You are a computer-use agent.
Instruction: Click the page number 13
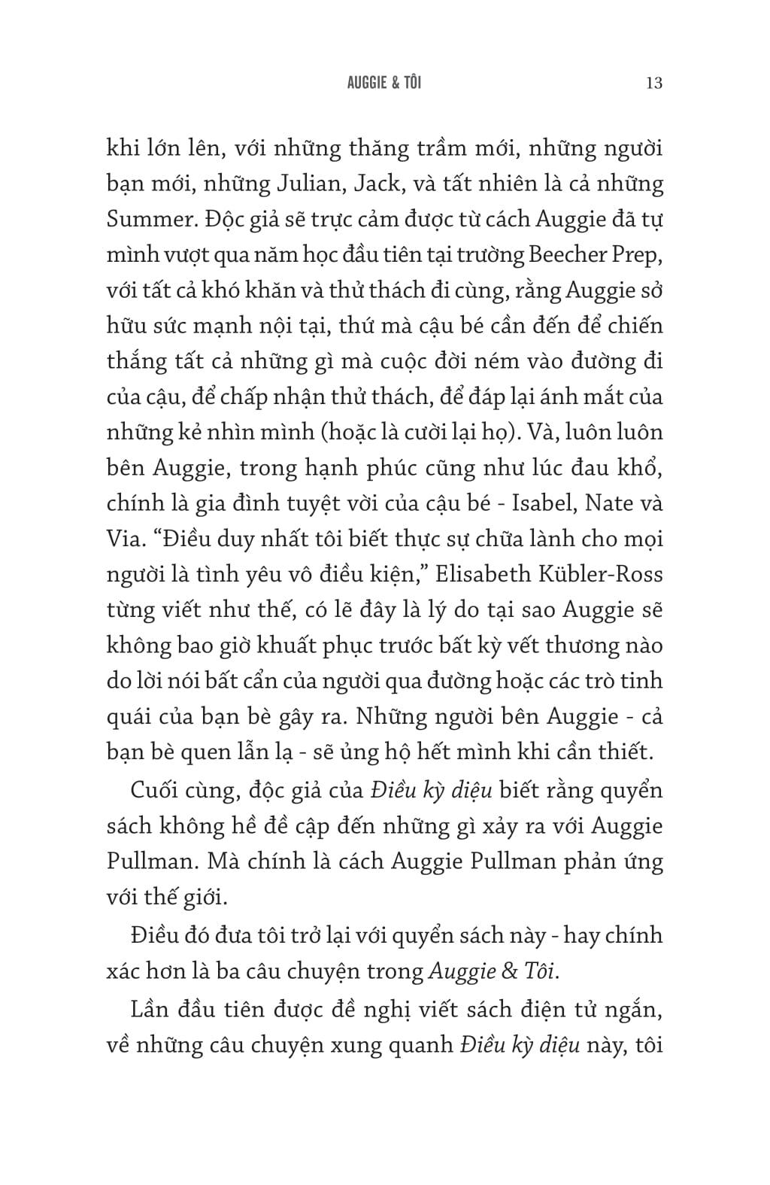pyautogui.click(x=653, y=83)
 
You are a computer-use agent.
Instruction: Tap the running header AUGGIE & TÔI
pyautogui.click(x=384, y=83)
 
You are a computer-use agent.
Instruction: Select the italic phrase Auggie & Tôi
pyautogui.click(x=493, y=971)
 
